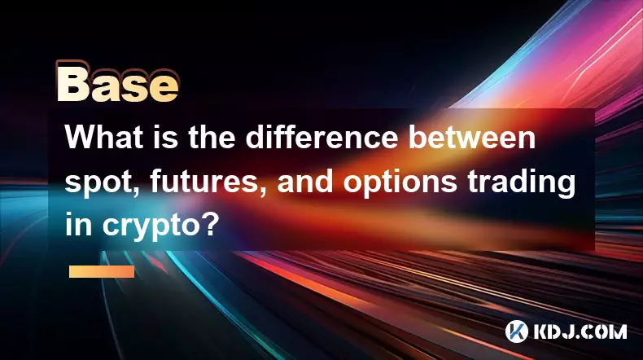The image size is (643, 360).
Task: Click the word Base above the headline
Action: click(118, 81)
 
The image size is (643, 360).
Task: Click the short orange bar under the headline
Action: click(102, 271)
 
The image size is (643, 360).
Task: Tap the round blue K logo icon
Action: click(517, 331)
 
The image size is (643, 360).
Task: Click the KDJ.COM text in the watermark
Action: click(580, 331)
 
